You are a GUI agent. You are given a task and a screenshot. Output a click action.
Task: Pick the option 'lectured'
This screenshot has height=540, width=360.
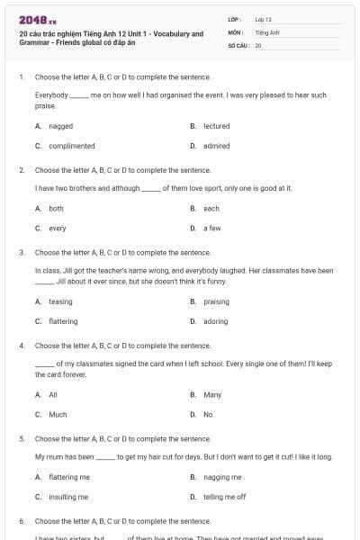(216, 126)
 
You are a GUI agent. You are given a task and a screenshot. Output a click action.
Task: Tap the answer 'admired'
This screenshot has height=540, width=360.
(216, 146)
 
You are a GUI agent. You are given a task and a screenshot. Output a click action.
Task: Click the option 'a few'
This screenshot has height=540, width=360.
(211, 228)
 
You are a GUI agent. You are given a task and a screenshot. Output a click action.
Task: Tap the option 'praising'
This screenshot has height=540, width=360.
(216, 301)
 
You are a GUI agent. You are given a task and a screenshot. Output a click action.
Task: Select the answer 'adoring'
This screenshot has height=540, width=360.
(215, 321)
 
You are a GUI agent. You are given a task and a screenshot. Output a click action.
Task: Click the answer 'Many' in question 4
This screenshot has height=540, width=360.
(212, 394)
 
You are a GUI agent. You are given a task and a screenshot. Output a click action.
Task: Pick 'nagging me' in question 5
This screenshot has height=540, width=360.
(222, 477)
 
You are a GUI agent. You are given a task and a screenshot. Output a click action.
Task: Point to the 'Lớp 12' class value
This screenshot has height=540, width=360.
(263, 18)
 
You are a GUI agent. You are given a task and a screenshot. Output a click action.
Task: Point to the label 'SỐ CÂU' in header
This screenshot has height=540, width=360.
(238, 43)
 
